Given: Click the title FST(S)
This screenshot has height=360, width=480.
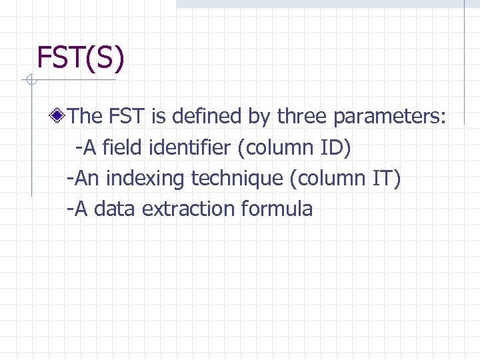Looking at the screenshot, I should click(81, 57).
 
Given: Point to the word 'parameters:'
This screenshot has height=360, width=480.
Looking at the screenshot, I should click(390, 117).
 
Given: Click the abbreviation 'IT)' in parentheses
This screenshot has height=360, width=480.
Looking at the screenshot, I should click(385, 178).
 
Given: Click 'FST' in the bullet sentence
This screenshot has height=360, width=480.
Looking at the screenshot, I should click(126, 117).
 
